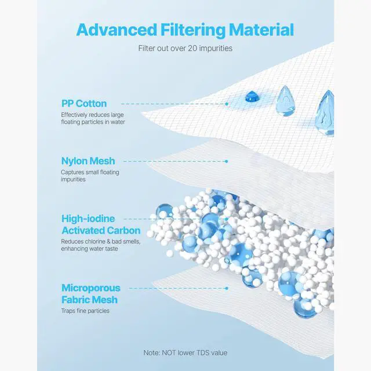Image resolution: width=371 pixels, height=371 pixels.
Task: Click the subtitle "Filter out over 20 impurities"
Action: [x=185, y=49]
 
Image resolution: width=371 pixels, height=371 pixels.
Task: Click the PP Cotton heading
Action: [x=84, y=103]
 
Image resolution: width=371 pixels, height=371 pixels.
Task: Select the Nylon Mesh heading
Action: [x=88, y=161]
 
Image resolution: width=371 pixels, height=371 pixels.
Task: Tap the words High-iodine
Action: [x=89, y=219]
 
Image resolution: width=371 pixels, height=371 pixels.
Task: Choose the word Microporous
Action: [x=91, y=288]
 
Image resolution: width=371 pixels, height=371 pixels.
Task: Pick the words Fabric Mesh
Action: [x=89, y=300]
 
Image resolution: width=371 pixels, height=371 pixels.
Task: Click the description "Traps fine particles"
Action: [x=85, y=311]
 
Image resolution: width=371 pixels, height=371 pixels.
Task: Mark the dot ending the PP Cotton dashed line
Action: [x=227, y=104]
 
